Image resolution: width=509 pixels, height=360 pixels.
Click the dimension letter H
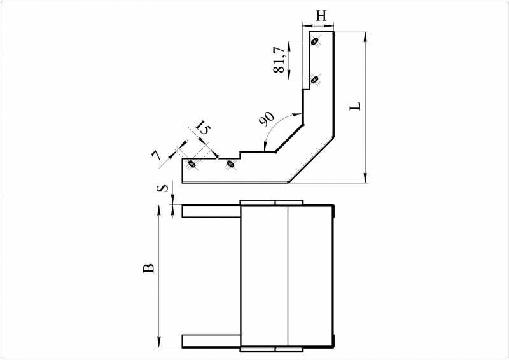[x=321, y=16]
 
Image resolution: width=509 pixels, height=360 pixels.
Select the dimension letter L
[x=356, y=106]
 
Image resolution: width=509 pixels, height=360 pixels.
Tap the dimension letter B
[x=149, y=268]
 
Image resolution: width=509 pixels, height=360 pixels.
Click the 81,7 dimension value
[x=279, y=60]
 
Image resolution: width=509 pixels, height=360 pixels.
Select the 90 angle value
[x=267, y=119]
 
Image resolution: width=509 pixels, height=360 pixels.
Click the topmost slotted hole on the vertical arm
[x=314, y=41]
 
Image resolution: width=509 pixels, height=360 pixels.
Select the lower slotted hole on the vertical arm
[x=314, y=80]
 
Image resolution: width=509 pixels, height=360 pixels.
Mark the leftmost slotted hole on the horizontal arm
[x=192, y=164]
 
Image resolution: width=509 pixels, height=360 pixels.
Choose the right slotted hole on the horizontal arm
[x=230, y=164]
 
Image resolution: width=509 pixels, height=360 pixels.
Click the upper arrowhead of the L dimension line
[x=366, y=37]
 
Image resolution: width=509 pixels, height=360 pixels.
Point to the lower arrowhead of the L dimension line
[x=366, y=178]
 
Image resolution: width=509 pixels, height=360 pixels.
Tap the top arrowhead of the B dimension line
[x=159, y=210]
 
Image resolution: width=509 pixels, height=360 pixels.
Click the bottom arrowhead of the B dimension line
[x=159, y=342]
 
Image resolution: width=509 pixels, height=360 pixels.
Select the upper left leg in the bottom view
[x=211, y=211]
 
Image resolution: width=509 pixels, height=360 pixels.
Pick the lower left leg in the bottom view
[x=211, y=341]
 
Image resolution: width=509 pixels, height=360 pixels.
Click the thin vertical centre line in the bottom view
[x=288, y=276]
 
